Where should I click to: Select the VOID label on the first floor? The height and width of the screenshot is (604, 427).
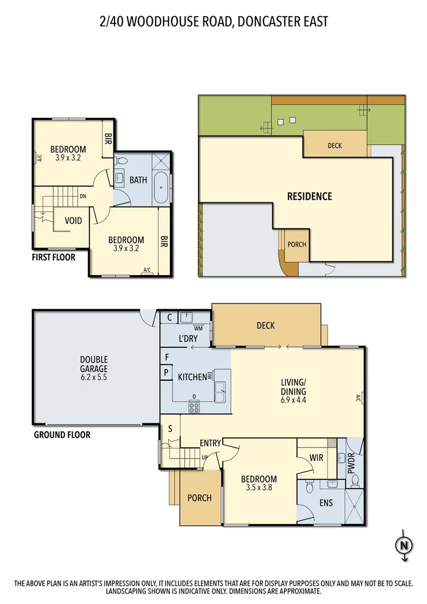[x=74, y=220]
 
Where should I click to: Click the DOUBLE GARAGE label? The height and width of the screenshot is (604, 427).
[x=93, y=364]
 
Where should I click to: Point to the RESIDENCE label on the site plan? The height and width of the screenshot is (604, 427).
[x=309, y=196]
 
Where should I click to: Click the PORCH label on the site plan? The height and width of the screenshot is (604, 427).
[x=297, y=244]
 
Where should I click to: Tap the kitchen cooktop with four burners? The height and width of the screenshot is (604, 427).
[x=194, y=406]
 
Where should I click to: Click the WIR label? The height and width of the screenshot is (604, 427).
[x=316, y=457]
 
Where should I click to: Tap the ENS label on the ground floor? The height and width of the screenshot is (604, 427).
[x=325, y=503]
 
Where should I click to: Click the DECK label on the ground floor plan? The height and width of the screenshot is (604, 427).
[x=265, y=325]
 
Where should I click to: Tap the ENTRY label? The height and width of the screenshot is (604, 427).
[x=211, y=443]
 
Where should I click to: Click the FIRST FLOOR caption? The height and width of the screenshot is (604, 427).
[x=53, y=257]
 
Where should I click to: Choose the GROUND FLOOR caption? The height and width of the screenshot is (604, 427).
[x=62, y=435]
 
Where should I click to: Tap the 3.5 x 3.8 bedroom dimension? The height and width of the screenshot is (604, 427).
[x=259, y=488]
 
